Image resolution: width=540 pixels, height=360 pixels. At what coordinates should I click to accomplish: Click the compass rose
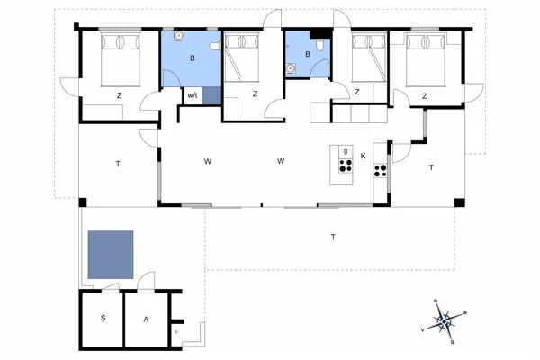click(x=444, y=319)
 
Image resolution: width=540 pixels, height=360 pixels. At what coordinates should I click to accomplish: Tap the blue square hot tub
click(x=111, y=255)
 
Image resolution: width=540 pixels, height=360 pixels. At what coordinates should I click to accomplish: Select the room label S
click(x=103, y=319)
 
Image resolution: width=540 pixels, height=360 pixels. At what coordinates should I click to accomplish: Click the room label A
click(x=145, y=319)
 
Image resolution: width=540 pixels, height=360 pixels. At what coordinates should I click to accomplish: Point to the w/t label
click(x=192, y=94)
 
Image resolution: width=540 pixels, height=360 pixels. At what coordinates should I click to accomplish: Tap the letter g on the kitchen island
click(x=345, y=149)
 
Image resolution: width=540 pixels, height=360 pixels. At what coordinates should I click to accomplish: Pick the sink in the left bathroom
click(x=179, y=37)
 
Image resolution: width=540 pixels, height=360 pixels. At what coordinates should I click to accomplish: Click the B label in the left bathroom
click(x=192, y=58)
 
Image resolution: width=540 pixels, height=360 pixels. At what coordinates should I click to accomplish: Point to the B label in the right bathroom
click(x=307, y=54)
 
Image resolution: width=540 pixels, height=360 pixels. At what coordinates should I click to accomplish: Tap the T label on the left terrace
click(x=117, y=164)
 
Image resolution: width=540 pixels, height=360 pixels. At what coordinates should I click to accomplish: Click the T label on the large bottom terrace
click(x=332, y=237)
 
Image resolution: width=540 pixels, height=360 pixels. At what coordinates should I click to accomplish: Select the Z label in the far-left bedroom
click(x=118, y=94)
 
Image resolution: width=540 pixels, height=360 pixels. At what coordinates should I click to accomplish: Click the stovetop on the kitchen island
click(x=344, y=166)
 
